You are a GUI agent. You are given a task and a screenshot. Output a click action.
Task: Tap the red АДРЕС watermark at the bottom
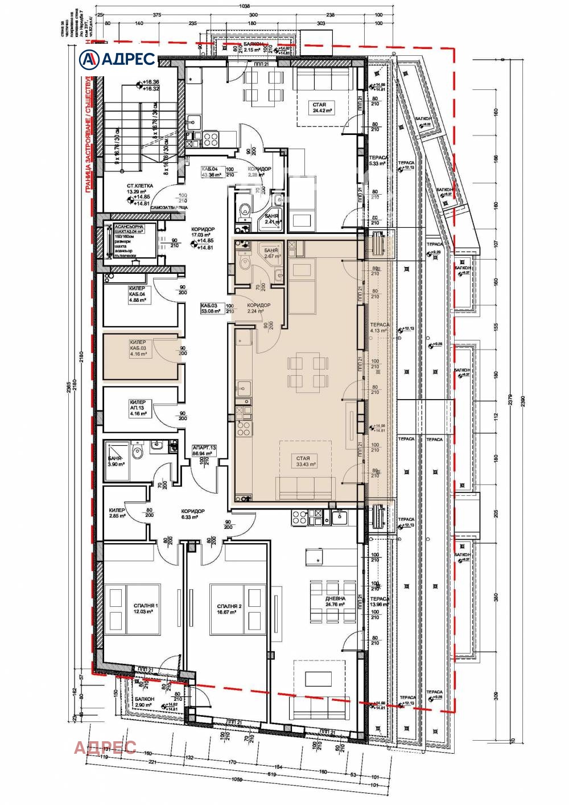(x=105, y=747)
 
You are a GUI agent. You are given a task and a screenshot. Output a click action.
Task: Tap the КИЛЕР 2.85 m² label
(x=117, y=514)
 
